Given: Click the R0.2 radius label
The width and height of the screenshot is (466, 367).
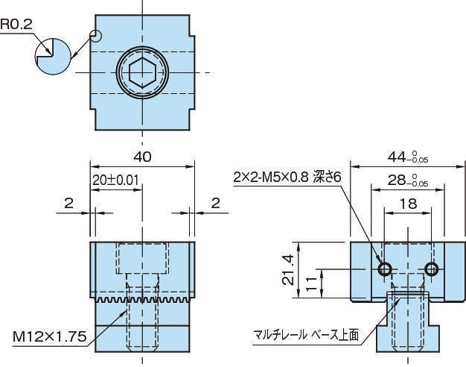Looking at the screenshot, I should [x=16, y=24].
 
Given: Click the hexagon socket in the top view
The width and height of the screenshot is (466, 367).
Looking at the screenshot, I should [x=141, y=72].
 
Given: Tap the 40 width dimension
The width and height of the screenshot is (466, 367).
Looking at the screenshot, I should [x=142, y=157].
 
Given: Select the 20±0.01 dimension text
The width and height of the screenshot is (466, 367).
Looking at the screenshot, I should [x=116, y=181].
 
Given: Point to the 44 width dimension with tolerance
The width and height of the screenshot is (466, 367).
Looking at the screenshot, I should [x=407, y=157].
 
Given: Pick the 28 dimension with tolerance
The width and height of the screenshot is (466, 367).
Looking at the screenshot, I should [x=407, y=181].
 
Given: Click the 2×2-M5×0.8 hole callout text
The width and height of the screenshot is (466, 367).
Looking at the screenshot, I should [x=287, y=177].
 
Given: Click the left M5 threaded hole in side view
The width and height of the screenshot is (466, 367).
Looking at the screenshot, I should [x=385, y=269].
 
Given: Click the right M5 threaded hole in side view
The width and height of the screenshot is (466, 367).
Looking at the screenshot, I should [x=433, y=269].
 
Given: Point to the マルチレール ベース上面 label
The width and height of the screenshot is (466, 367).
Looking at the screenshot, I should [x=305, y=334].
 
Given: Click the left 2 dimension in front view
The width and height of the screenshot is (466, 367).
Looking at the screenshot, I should [x=68, y=202].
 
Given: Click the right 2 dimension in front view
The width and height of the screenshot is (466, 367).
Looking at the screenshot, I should [x=215, y=202].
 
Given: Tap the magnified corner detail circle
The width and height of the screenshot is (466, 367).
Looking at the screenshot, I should [x=53, y=54].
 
